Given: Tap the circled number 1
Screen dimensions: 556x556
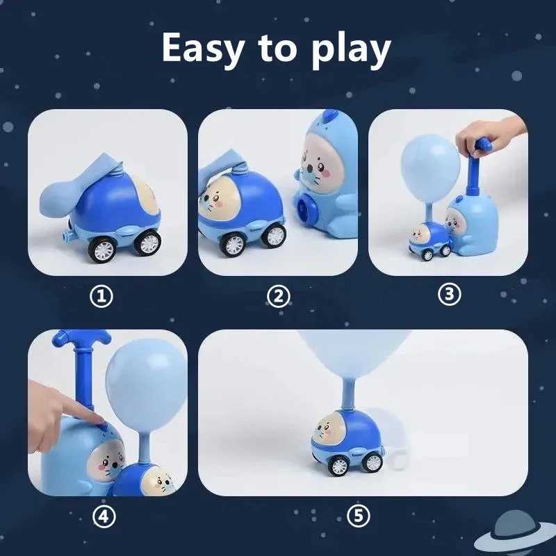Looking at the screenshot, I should tap(101, 297).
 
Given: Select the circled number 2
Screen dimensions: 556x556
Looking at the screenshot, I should tap(278, 297).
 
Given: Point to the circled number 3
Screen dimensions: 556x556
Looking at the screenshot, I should tap(449, 294).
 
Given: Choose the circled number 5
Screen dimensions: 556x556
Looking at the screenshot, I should tap(359, 516).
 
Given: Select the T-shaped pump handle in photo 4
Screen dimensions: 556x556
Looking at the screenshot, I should tap(82, 340).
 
